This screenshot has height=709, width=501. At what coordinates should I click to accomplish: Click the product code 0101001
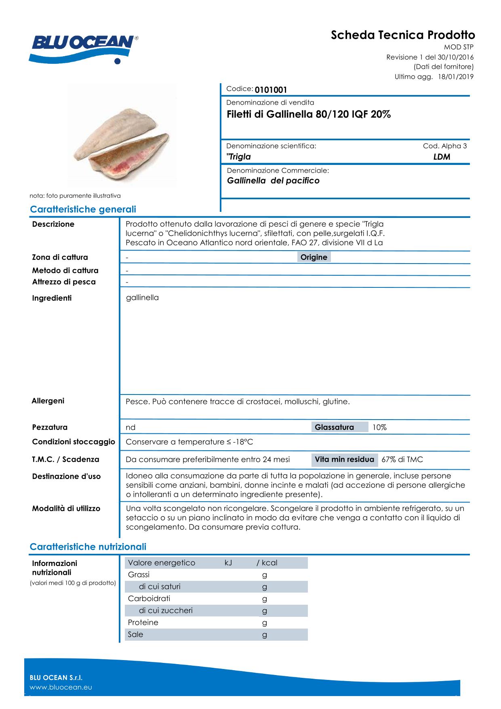[271, 90]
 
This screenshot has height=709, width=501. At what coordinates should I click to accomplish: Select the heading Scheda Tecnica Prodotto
[403, 35]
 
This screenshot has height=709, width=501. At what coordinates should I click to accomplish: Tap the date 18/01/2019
[456, 77]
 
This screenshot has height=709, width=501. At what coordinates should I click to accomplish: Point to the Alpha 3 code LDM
[442, 157]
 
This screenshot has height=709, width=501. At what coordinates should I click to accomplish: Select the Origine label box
[314, 257]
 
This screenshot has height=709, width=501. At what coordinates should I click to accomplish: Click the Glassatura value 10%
[379, 427]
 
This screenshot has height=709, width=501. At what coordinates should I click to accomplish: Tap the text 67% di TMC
[402, 460]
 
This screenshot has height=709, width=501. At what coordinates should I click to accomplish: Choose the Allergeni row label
[48, 401]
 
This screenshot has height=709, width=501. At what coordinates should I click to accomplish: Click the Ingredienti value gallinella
[142, 298]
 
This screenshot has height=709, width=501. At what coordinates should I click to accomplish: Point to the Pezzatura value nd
[131, 427]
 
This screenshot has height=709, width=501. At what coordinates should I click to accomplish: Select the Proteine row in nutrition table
[143, 622]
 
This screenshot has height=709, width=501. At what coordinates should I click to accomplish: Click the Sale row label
[135, 634]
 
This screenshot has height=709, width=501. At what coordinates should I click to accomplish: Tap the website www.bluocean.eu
[61, 687]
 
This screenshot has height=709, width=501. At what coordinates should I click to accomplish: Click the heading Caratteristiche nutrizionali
[88, 547]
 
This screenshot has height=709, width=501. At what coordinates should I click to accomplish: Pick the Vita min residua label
[344, 460]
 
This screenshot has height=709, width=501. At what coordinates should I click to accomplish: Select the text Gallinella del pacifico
[273, 181]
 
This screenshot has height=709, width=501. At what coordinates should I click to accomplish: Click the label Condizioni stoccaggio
[74, 442]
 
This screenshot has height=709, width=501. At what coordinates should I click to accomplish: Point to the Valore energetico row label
[161, 563]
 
